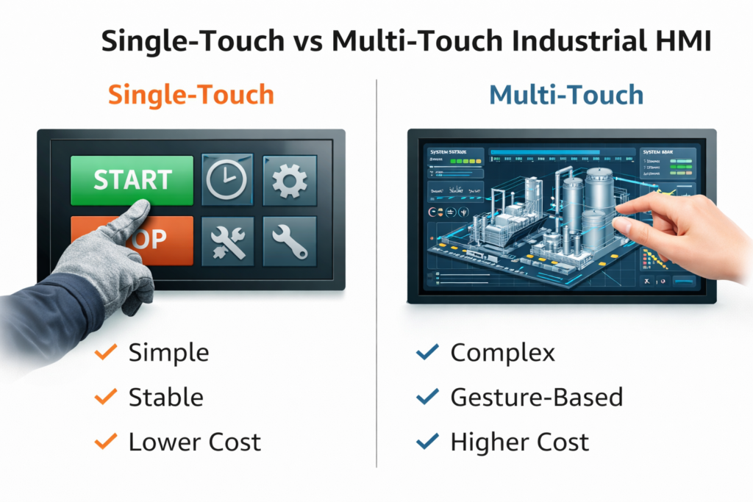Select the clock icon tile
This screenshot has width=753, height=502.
[x=226, y=180]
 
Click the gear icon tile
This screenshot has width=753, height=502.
[x=289, y=180]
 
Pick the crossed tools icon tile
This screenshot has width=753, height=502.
[x=226, y=241]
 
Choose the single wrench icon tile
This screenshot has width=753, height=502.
[x=289, y=241]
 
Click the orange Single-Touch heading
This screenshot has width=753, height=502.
[x=190, y=95]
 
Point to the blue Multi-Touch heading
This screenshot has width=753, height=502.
[x=566, y=95]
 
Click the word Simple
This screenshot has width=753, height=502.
[x=168, y=353]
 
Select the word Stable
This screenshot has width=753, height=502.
[x=165, y=398]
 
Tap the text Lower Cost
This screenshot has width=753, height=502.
[x=194, y=442]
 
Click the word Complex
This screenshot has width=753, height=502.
[x=502, y=353]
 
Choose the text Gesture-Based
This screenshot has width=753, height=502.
[x=536, y=398]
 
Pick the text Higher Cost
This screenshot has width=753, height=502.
[x=519, y=442]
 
